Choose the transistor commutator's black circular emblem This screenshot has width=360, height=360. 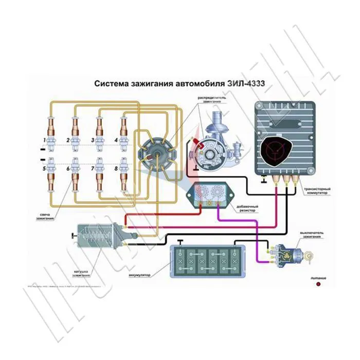[x=278, y=149]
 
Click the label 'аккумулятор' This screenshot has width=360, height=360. [x=140, y=275]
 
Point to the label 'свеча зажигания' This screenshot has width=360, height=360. [x=45, y=215]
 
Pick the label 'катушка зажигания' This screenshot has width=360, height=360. [x=81, y=273]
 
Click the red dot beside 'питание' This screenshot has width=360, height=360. [x=318, y=284]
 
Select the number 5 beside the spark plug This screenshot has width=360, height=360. [x=45, y=169]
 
